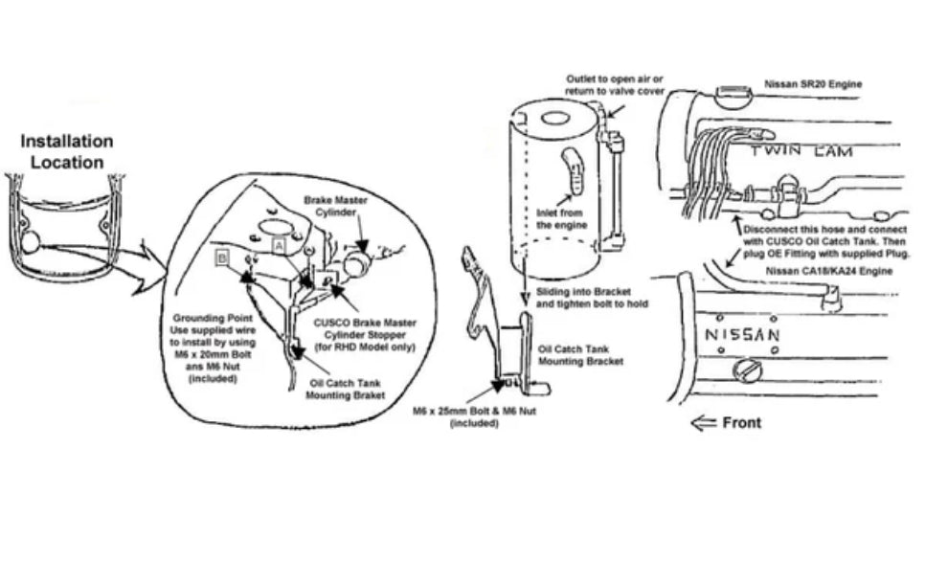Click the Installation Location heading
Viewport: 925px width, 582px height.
[66, 151]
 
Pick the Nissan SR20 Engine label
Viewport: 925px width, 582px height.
[813, 84]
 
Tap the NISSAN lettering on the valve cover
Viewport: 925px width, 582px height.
[741, 334]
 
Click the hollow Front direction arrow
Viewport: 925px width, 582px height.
[703, 421]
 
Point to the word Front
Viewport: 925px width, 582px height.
[743, 421]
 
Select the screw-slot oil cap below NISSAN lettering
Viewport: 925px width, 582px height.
[745, 369]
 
